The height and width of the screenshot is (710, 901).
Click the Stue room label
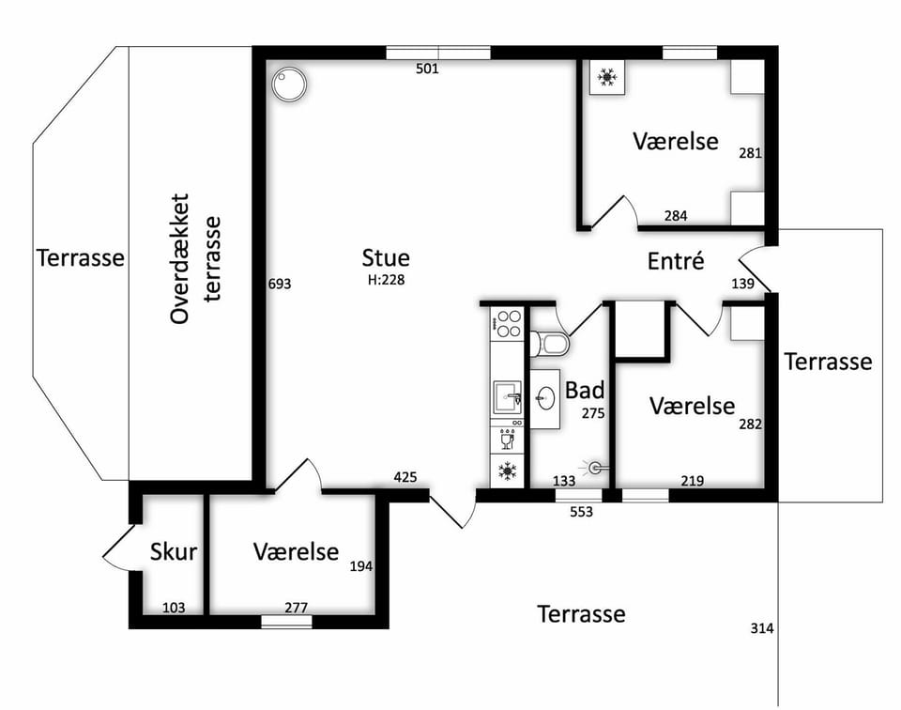pyautogui.click(x=386, y=258)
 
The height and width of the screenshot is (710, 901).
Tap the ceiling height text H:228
pyautogui.click(x=386, y=280)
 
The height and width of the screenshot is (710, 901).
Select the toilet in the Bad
pyautogui.click(x=549, y=344)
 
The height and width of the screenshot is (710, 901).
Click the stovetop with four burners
pyautogui.click(x=506, y=324)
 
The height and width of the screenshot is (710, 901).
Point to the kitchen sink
pyautogui.click(x=507, y=397)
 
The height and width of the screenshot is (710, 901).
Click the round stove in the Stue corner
pyautogui.click(x=289, y=85)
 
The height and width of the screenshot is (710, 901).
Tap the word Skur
pyautogui.click(x=174, y=552)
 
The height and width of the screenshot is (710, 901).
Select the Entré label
pyautogui.click(x=676, y=261)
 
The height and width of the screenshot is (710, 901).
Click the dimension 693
pyautogui.click(x=280, y=284)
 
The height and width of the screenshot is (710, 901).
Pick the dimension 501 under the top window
pyautogui.click(x=427, y=69)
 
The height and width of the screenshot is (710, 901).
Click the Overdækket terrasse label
pyautogui.click(x=196, y=258)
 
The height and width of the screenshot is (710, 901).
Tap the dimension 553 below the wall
pyautogui.click(x=582, y=512)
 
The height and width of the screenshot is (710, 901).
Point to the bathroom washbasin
pyautogui.click(x=544, y=396)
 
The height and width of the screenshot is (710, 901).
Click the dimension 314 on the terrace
pyautogui.click(x=762, y=629)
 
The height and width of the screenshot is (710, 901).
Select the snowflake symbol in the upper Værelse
pyautogui.click(x=607, y=76)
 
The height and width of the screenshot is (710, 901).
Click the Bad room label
pyautogui.click(x=585, y=391)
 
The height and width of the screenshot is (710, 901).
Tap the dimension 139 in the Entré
pyautogui.click(x=743, y=284)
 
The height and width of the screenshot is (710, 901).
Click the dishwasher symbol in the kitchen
pyautogui.click(x=507, y=438)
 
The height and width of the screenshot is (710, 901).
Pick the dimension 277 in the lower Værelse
pyautogui.click(x=297, y=608)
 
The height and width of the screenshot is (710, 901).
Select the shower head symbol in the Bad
pyautogui.click(x=595, y=468)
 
